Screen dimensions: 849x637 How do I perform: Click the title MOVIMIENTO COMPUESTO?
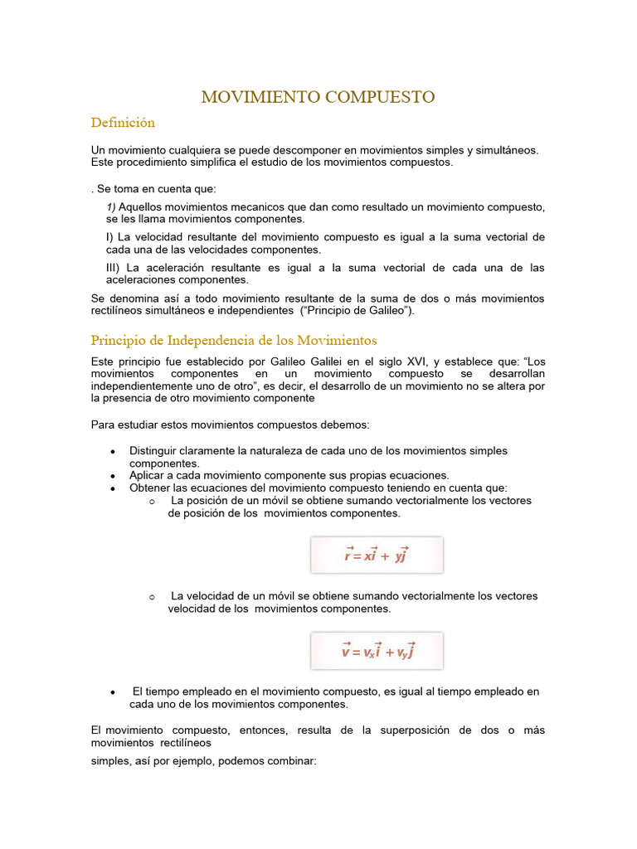(318, 97)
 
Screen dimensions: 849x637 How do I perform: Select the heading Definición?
(123, 123)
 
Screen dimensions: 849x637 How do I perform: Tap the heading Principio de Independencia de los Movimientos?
(234, 341)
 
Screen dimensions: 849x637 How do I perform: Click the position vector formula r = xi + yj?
(377, 555)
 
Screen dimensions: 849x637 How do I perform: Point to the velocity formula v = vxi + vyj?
(377, 651)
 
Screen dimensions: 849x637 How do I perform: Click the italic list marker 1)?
(111, 206)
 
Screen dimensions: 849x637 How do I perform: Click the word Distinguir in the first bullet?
(155, 451)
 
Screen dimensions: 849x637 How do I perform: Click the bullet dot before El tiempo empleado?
(112, 692)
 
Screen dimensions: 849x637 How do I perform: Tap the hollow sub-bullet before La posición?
(152, 502)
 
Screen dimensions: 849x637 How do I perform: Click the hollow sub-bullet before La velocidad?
(152, 597)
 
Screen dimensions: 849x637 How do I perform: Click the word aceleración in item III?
(177, 268)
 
